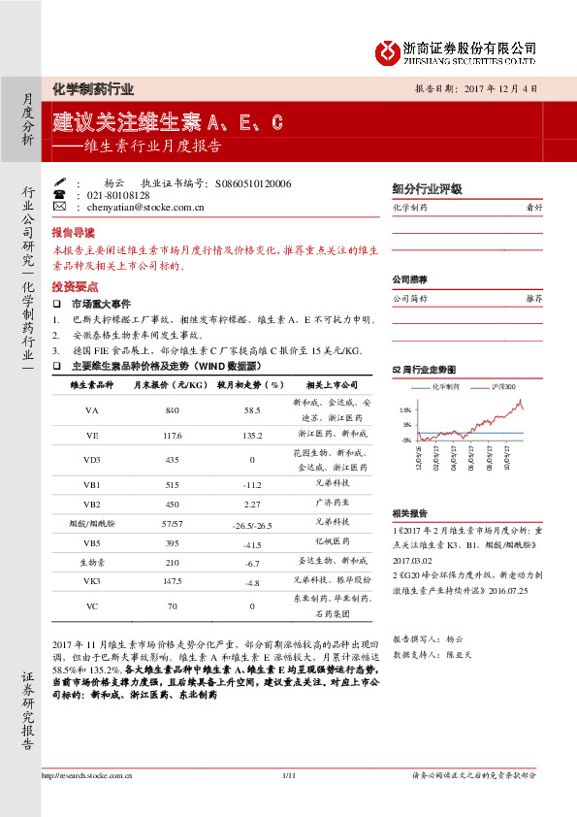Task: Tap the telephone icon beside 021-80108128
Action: pyautogui.click(x=60, y=195)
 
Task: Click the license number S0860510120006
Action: pyautogui.click(x=252, y=182)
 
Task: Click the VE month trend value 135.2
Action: pyautogui.click(x=251, y=435)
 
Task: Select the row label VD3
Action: pyautogui.click(x=92, y=459)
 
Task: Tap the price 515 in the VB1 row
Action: pyautogui.click(x=173, y=483)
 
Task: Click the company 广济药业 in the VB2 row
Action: pyautogui.click(x=332, y=504)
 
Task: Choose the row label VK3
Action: pyautogui.click(x=92, y=581)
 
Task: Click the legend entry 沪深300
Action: pyautogui.click(x=505, y=385)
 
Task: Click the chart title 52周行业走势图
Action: pyautogui.click(x=423, y=369)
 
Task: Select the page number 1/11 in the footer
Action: pyautogui.click(x=288, y=802)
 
